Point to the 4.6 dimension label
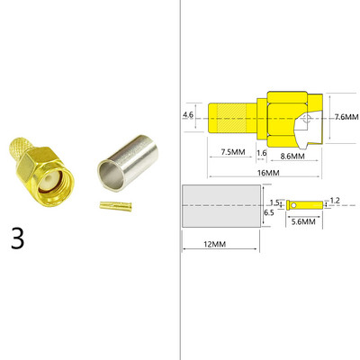[x=187, y=116]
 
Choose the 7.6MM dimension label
[x=346, y=117]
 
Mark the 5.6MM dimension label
[x=301, y=220]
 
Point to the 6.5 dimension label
[x=267, y=212]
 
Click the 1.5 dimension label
[x=274, y=202]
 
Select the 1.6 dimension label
[x=261, y=153]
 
